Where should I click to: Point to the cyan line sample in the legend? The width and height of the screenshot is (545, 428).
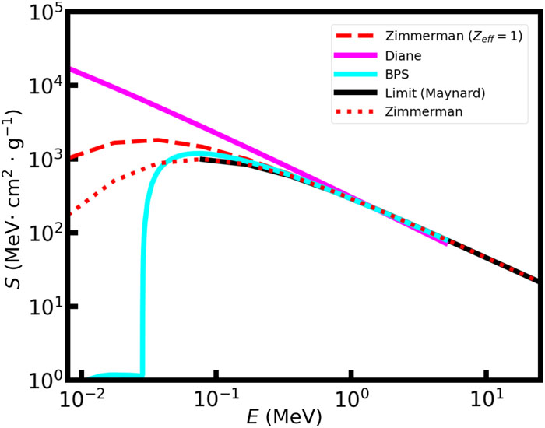click(x=352, y=74)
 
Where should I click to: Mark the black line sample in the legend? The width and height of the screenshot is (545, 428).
click(x=352, y=93)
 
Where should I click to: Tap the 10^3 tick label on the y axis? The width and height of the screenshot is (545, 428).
click(x=47, y=159)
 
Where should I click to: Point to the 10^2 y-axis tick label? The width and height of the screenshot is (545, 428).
click(x=47, y=233)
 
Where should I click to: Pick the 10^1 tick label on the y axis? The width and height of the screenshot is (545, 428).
click(x=47, y=306)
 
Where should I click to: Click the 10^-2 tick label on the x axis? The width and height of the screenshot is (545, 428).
click(x=81, y=401)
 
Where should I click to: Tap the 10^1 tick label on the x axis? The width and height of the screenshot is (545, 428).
click(x=487, y=401)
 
